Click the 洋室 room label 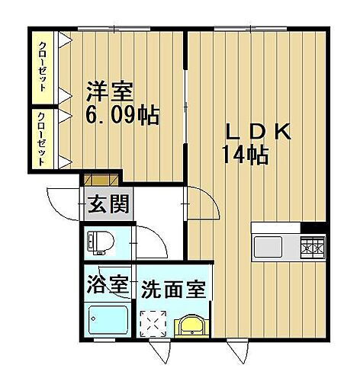pos(108,92)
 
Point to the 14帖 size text pos(245,156)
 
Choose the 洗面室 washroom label pos(175,290)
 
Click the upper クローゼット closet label pos(44,66)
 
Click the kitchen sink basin pos(269,247)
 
